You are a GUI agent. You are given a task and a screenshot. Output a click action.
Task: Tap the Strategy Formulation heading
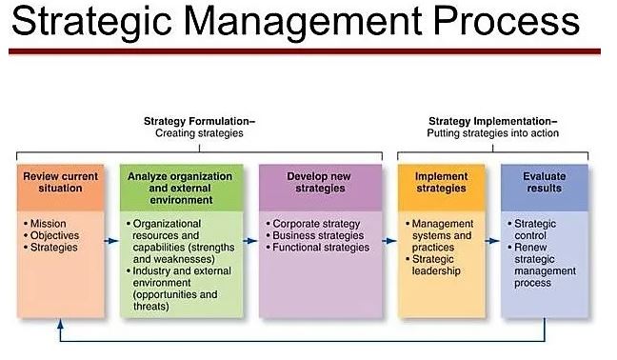click(199, 121)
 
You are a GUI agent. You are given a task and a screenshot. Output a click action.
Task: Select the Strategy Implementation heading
click(492, 121)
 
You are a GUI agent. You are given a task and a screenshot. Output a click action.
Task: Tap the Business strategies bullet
click(316, 235)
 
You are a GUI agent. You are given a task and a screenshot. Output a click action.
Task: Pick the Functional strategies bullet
click(320, 248)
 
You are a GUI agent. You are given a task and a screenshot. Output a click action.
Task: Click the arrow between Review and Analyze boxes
click(111, 241)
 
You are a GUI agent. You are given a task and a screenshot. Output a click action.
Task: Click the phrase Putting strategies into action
click(492, 133)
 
